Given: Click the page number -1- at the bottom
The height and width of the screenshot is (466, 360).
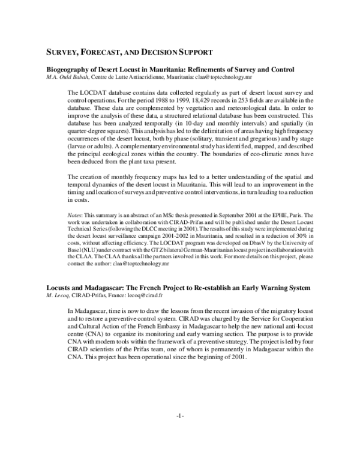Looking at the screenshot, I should pyautogui.click(x=180, y=450).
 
